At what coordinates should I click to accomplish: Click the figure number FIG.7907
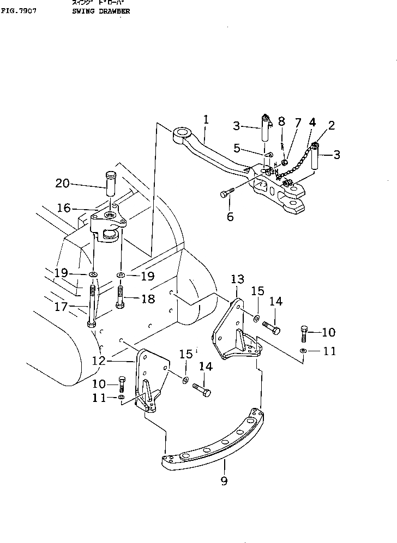[19, 10]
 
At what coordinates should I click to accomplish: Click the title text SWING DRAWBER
[100, 10]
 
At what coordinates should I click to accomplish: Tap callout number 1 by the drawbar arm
[206, 118]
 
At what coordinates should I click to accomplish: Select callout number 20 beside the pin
[63, 184]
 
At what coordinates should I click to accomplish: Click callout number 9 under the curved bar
[224, 480]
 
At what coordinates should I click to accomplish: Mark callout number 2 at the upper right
[331, 126]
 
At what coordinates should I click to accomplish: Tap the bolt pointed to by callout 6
[228, 193]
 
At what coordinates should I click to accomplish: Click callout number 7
[298, 123]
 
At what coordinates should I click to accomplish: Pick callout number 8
[281, 120]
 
